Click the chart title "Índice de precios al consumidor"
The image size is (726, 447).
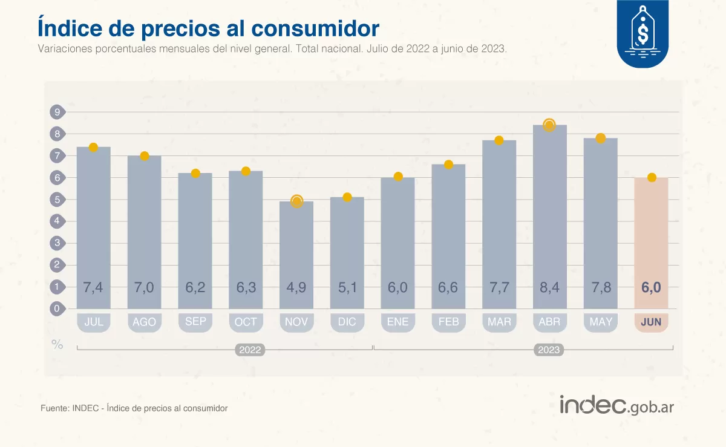tap(208, 28)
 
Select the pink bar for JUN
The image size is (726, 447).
tap(651, 242)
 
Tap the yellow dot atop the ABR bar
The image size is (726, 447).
tap(549, 125)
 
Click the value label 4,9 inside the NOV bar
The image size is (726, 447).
tap(296, 288)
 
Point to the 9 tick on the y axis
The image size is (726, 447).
tap(57, 112)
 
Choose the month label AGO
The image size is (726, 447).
tap(144, 322)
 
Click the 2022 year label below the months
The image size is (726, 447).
tap(250, 350)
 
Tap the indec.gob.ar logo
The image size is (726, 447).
tap(616, 405)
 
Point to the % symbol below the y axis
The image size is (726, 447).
tap(57, 345)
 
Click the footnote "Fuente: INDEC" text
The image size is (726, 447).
tap(134, 408)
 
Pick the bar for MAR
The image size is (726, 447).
tap(499, 224)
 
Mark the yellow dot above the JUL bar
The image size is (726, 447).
tap(93, 148)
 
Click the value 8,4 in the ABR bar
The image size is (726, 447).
tap(549, 288)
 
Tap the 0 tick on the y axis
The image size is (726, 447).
tap(57, 308)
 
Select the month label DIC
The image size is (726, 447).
tap(347, 322)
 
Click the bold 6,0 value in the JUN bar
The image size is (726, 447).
tap(651, 288)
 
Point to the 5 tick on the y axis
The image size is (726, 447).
tap(57, 200)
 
